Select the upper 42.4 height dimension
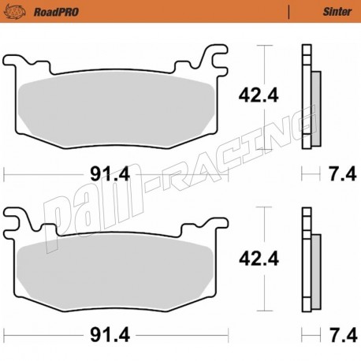258,97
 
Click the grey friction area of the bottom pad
118,272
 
